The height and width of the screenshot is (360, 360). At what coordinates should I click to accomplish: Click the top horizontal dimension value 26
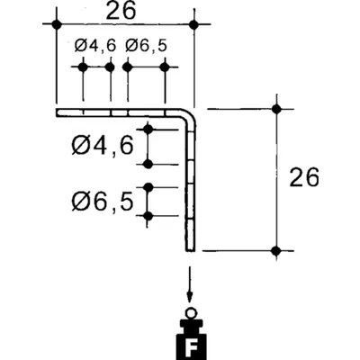tap(121, 12)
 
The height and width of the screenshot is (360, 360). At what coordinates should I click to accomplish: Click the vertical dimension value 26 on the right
tap(304, 177)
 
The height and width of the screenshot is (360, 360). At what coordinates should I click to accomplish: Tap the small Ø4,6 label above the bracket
tap(95, 46)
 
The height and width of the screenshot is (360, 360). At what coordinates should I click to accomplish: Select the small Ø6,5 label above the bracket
tap(146, 46)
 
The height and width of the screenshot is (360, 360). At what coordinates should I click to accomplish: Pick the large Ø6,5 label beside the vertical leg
tap(103, 201)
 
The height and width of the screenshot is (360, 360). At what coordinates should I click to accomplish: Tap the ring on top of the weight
tap(190, 314)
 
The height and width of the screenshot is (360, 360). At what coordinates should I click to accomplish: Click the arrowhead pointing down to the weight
tap(189, 298)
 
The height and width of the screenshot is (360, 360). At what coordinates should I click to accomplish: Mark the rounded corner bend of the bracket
tap(190, 115)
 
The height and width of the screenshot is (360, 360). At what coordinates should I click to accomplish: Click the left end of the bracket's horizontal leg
tap(57, 112)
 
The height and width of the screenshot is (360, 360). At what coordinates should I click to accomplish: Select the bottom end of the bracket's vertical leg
tap(190, 250)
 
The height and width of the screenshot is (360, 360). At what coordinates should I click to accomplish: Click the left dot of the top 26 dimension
tap(57, 24)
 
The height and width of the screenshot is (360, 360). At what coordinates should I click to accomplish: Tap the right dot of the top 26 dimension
tap(194, 24)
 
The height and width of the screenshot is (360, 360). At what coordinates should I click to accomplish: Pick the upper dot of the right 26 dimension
tap(276, 109)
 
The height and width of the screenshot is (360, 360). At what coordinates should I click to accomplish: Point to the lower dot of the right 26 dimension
tap(276, 250)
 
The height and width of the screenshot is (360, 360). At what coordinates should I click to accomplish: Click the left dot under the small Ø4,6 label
tap(83, 67)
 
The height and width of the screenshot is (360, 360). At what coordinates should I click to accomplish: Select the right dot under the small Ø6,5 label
tap(165, 67)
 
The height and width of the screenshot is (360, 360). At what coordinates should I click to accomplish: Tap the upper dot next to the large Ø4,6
tap(148, 130)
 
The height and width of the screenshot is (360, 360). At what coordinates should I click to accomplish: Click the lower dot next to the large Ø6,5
tap(148, 216)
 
